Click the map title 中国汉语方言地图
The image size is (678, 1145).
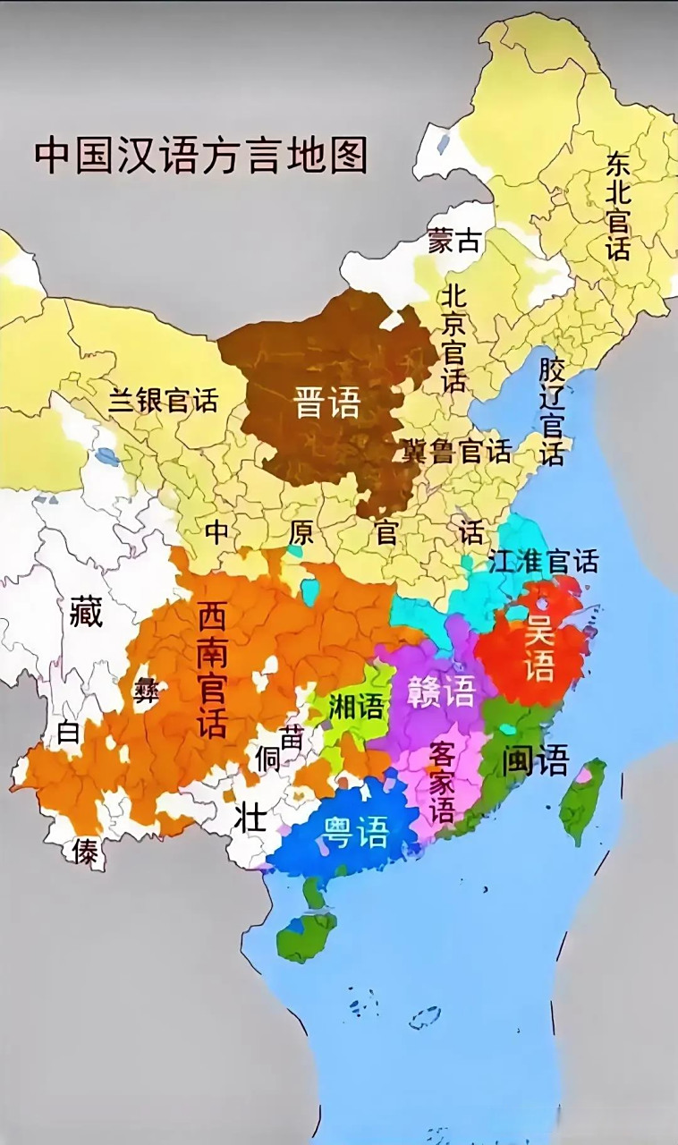201,155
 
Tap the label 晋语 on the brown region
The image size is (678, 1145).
327,403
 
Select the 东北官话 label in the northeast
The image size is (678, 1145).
618,207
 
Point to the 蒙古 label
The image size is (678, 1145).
453,241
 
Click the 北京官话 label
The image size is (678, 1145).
453,339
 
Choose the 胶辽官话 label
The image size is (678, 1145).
552,411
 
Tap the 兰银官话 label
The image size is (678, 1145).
163,400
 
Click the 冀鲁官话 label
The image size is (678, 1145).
456,451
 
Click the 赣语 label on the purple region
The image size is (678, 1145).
439,691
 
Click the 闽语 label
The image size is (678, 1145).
535,760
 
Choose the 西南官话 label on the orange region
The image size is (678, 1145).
212,669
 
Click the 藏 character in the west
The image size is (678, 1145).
86,613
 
